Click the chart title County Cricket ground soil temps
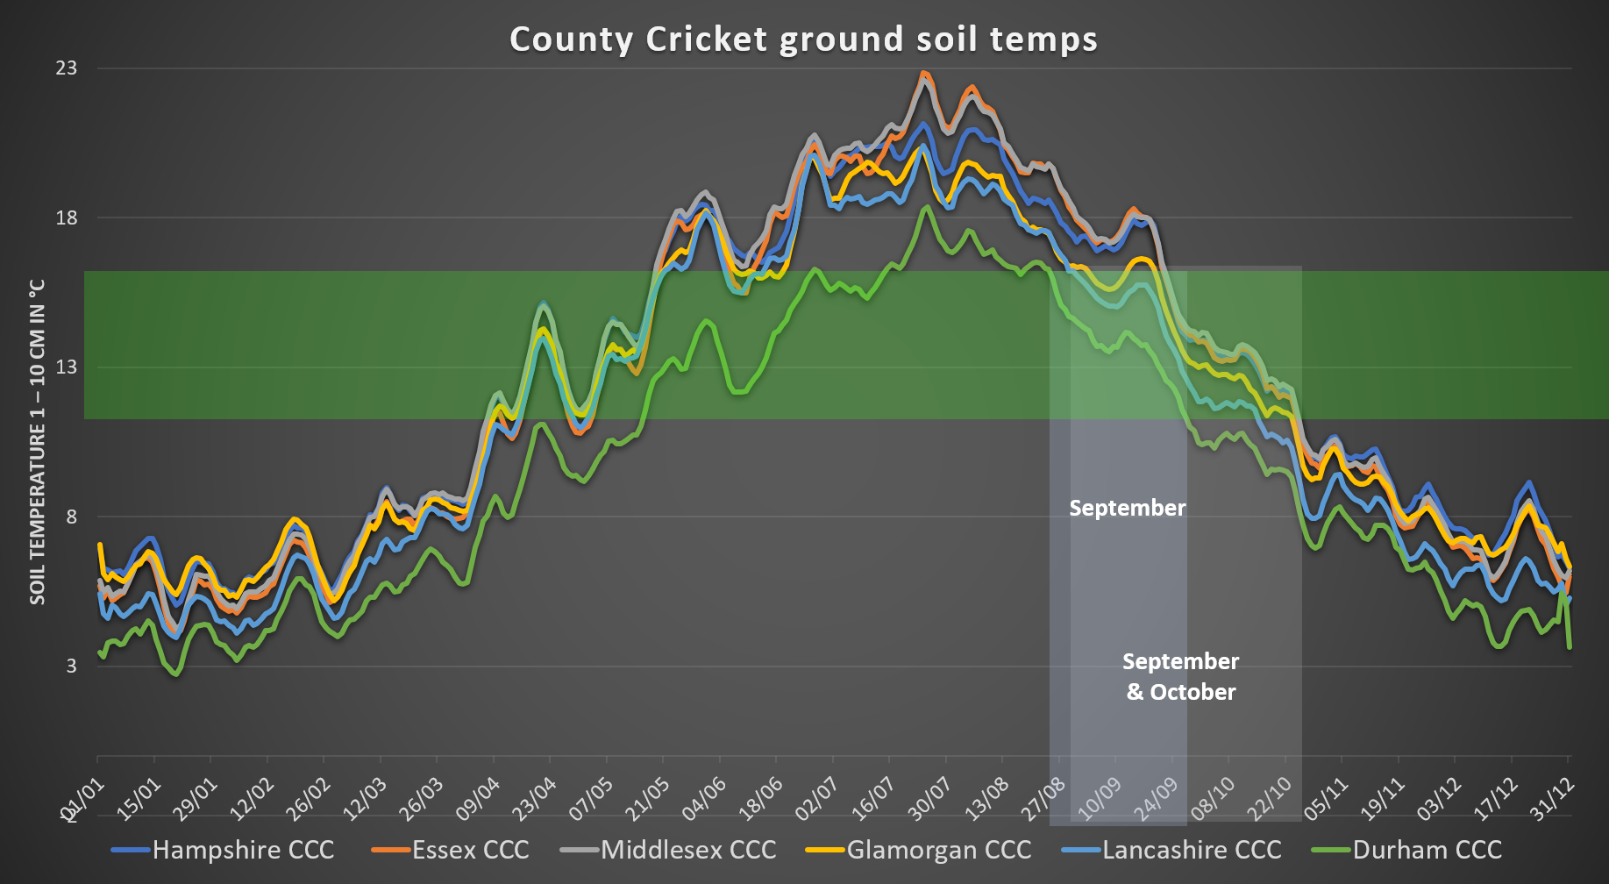pyautogui.click(x=803, y=39)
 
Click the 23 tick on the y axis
pyautogui.click(x=67, y=68)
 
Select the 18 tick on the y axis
pyautogui.click(x=67, y=217)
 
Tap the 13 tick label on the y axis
pyautogui.click(x=67, y=367)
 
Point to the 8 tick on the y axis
pyautogui.click(x=71, y=517)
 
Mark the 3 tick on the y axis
pyautogui.click(x=71, y=666)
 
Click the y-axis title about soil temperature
pyautogui.click(x=37, y=442)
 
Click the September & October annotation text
pyautogui.click(x=1180, y=676)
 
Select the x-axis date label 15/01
pyautogui.click(x=139, y=798)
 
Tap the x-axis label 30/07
pyautogui.click(x=929, y=798)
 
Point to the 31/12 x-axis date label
pyautogui.click(x=1552, y=798)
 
